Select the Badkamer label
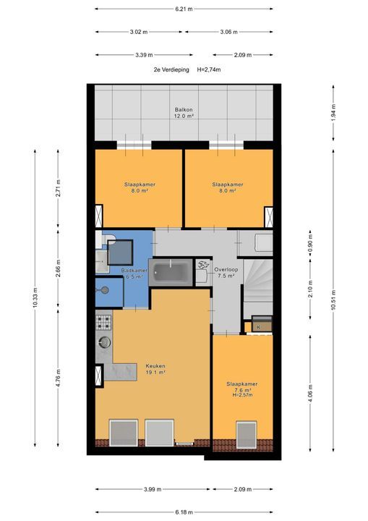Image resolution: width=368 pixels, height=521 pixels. click(x=134, y=273)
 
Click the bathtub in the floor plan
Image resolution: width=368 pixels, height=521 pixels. click(x=171, y=273)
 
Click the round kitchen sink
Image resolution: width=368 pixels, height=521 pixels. click(x=105, y=342)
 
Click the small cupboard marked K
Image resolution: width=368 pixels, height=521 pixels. click(x=258, y=327)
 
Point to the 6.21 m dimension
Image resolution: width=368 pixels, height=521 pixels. click(x=184, y=9)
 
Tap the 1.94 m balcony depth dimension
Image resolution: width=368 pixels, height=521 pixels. click(x=333, y=111)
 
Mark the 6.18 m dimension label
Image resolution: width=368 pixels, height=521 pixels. click(x=184, y=512)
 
